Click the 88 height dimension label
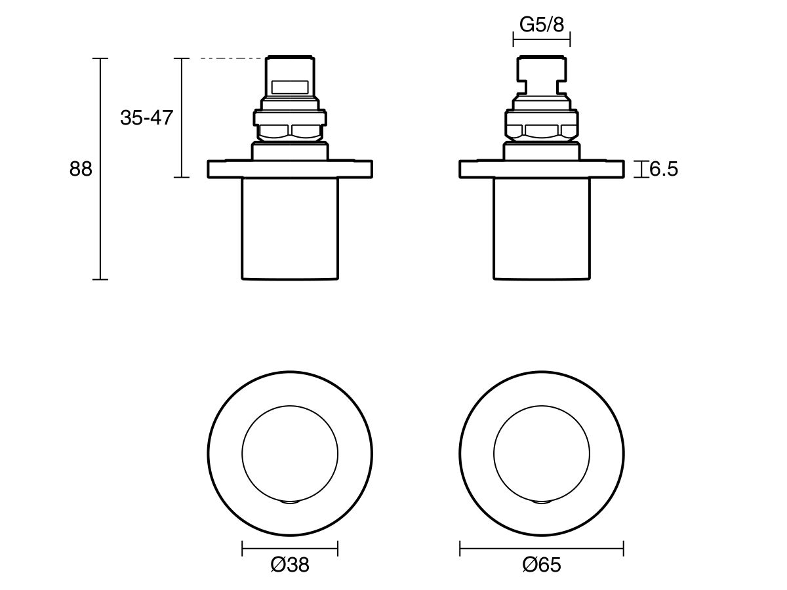point(81,169)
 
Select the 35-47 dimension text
point(146,118)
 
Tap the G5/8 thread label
point(541,25)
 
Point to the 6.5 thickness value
point(663,170)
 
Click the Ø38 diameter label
point(289,564)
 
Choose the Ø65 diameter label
point(542,564)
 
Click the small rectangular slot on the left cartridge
point(290,87)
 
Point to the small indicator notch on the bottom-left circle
point(290,501)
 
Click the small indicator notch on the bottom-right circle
point(541,501)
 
